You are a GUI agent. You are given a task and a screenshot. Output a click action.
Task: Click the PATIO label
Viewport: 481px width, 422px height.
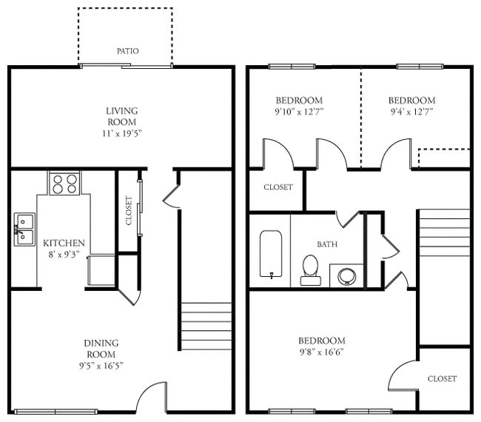pos(127,51)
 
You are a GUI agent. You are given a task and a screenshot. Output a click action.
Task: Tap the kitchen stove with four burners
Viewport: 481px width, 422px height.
pos(64,183)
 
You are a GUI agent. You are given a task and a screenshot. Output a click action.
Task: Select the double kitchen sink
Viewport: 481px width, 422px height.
pos(23,229)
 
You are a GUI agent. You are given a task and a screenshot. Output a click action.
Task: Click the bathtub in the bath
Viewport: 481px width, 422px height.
pos(272,254)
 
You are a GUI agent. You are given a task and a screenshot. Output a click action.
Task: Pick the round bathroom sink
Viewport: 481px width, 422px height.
pos(346,275)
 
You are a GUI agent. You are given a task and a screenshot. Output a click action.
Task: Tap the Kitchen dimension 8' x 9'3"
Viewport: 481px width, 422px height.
pos(64,255)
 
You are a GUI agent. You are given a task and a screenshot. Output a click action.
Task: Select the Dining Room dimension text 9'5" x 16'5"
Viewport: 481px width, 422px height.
pos(101,366)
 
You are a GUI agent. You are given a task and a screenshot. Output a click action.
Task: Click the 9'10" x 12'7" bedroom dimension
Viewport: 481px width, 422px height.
pos(299,113)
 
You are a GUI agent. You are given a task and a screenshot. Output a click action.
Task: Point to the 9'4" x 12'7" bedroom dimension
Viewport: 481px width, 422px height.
pos(411,113)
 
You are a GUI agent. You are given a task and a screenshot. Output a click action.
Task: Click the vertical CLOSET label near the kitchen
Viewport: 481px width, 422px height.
pos(129,211)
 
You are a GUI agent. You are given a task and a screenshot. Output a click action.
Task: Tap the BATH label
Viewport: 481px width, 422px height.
pos(327,244)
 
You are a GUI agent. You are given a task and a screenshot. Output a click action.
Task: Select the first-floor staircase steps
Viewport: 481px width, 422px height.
pos(206,326)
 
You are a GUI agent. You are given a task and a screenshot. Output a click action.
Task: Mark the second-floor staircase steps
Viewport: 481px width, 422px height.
pos(444,232)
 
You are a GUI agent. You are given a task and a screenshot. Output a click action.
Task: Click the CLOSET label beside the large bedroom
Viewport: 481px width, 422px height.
pos(442,378)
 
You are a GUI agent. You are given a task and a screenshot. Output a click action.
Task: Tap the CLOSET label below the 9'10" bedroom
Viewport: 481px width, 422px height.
pos(278,187)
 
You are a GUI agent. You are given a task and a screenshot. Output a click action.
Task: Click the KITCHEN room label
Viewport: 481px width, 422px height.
pos(64,243)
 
